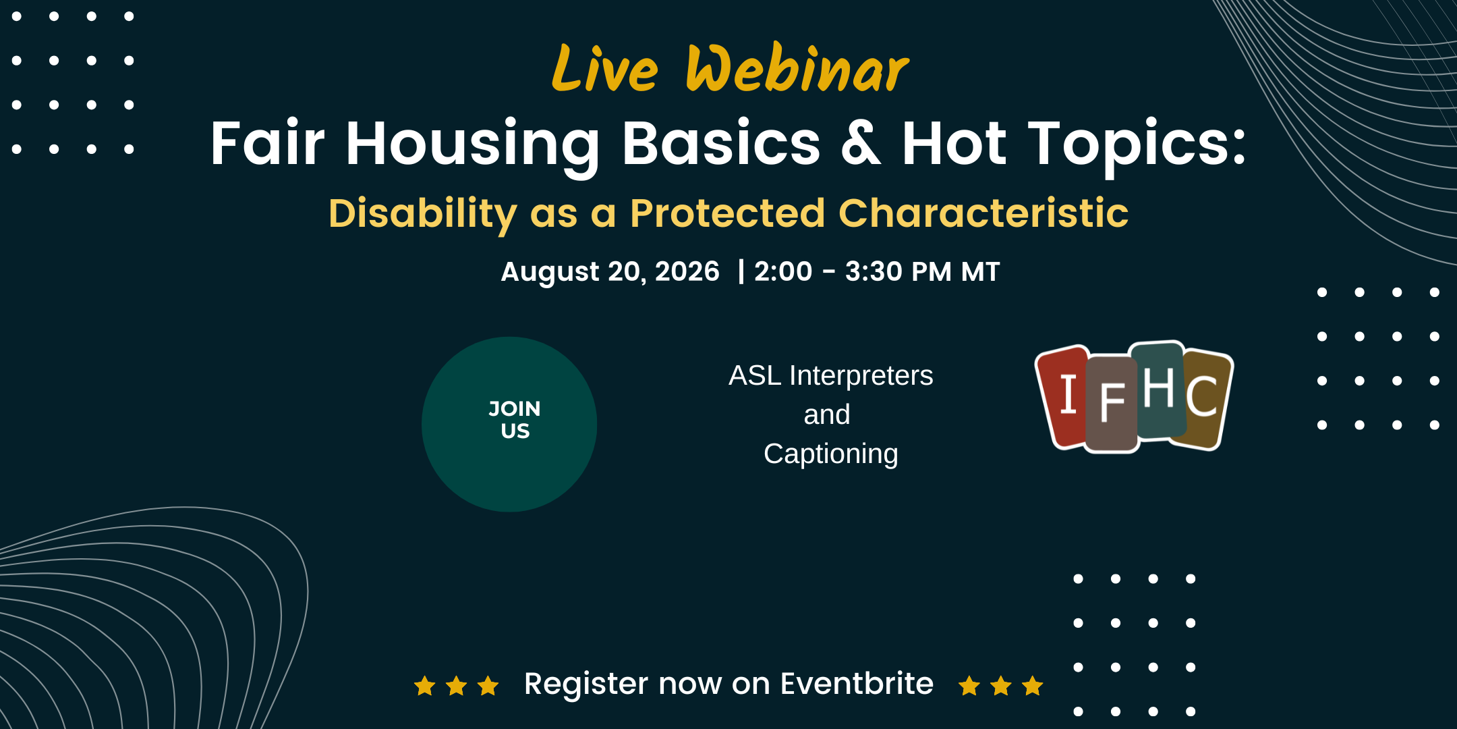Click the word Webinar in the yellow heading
(797, 67)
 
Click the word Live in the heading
(604, 68)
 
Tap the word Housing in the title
(472, 145)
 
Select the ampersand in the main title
(861, 142)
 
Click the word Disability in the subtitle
(423, 214)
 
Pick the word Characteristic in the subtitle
(983, 213)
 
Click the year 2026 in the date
(687, 271)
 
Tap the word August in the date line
(550, 272)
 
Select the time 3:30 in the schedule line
(874, 271)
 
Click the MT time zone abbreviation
(981, 271)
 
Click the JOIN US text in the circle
(515, 420)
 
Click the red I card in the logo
(1062, 396)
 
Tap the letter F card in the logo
(1112, 404)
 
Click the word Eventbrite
(857, 684)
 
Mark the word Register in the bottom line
(586, 685)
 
